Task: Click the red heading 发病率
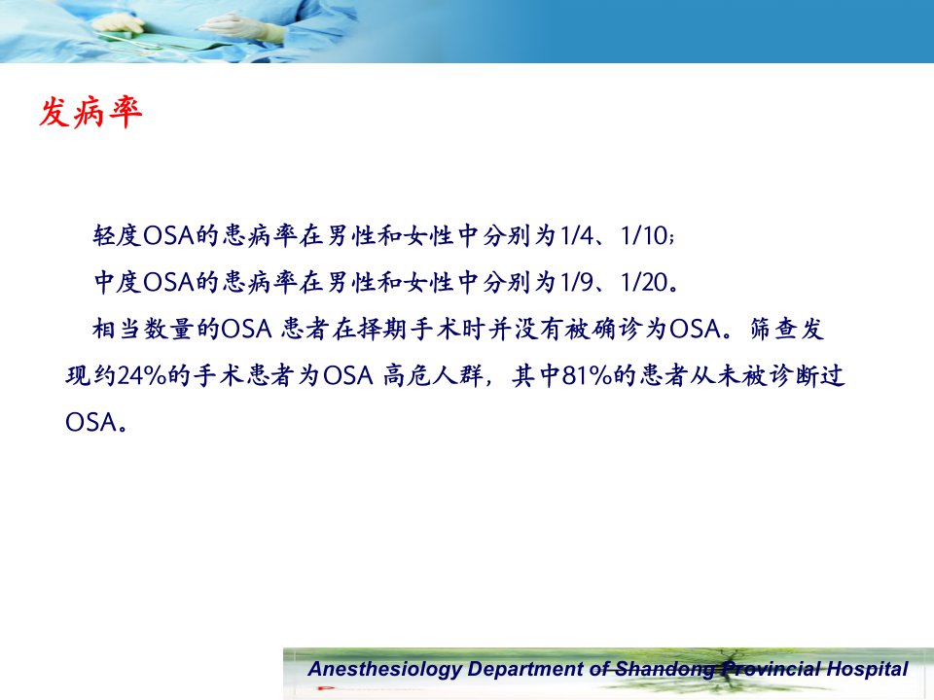point(90,112)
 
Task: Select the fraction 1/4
point(577,235)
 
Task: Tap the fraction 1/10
point(644,235)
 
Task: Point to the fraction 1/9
point(577,282)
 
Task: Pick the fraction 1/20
point(644,282)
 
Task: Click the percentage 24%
point(142,375)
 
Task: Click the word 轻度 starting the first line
point(118,235)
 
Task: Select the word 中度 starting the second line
point(118,282)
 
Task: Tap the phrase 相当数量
point(142,329)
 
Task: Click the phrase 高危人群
point(433,375)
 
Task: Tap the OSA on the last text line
point(90,422)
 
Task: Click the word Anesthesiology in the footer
point(385,669)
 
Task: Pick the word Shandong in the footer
point(665,669)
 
